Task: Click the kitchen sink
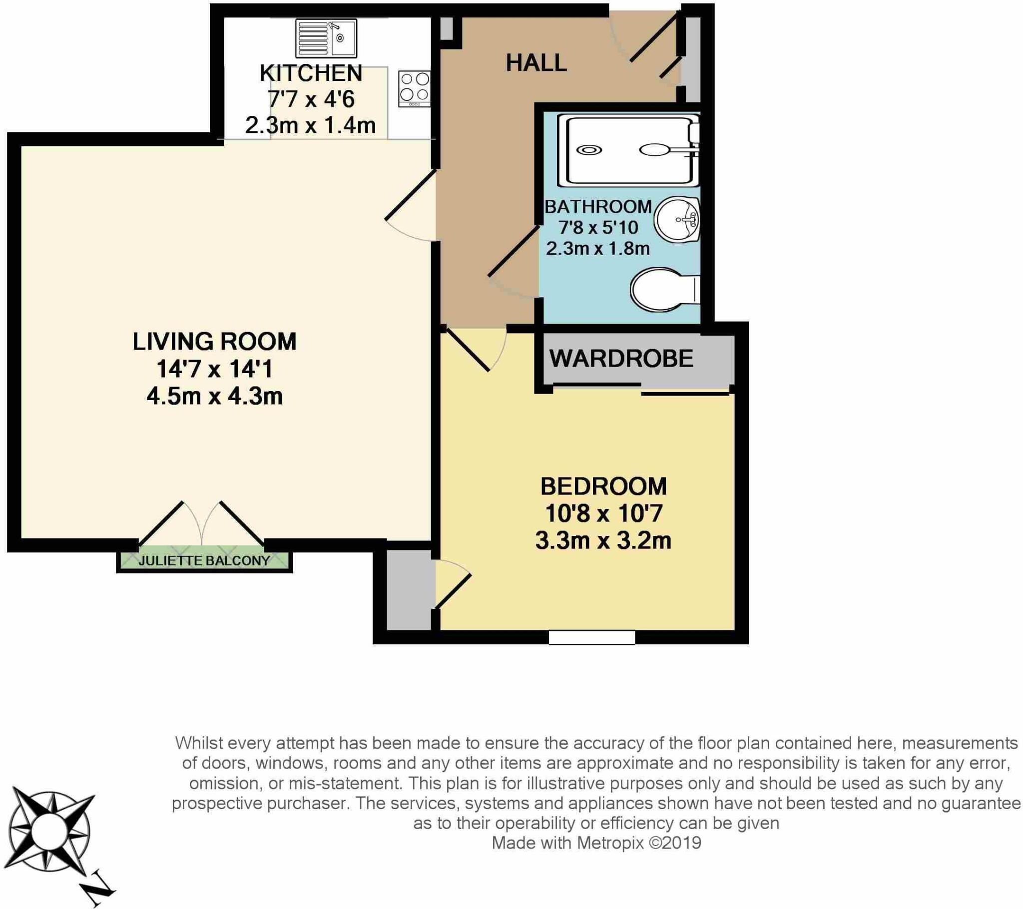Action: click(326, 38)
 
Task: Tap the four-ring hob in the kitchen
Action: click(415, 88)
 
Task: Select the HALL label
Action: click(536, 63)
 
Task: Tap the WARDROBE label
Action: click(621, 359)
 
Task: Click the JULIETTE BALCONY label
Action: click(204, 560)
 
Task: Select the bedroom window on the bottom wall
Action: click(591, 637)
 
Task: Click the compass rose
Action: click(50, 833)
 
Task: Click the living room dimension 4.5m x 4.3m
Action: click(215, 397)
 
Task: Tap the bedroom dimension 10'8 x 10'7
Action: click(603, 513)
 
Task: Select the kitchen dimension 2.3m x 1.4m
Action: click(310, 125)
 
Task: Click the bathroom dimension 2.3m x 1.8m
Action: click(598, 248)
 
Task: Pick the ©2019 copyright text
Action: click(675, 843)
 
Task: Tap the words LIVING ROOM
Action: click(215, 342)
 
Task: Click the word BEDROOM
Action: click(603, 486)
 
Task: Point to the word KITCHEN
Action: click(310, 73)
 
